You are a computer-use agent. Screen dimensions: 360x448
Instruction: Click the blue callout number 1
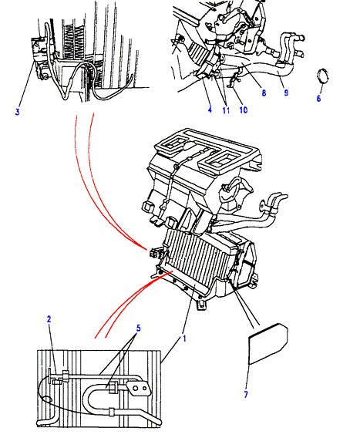pos(184,339)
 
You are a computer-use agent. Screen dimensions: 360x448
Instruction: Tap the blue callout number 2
pos(49,319)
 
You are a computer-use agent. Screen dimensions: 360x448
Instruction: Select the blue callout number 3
pos(18,112)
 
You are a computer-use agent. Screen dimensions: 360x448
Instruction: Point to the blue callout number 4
pos(210,109)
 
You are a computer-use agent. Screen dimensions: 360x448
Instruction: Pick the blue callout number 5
pos(139,328)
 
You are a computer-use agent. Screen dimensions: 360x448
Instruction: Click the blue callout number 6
pos(319,98)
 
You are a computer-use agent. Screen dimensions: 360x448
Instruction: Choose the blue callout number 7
pos(246,395)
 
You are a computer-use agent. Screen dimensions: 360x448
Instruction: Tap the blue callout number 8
pos(264,93)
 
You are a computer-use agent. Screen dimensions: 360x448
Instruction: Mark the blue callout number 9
pos(286,93)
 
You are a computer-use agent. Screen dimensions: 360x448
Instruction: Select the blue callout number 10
pos(243,109)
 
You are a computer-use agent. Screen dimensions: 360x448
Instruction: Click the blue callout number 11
pos(226,110)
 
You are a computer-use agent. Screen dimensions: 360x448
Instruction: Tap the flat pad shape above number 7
pos(268,344)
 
